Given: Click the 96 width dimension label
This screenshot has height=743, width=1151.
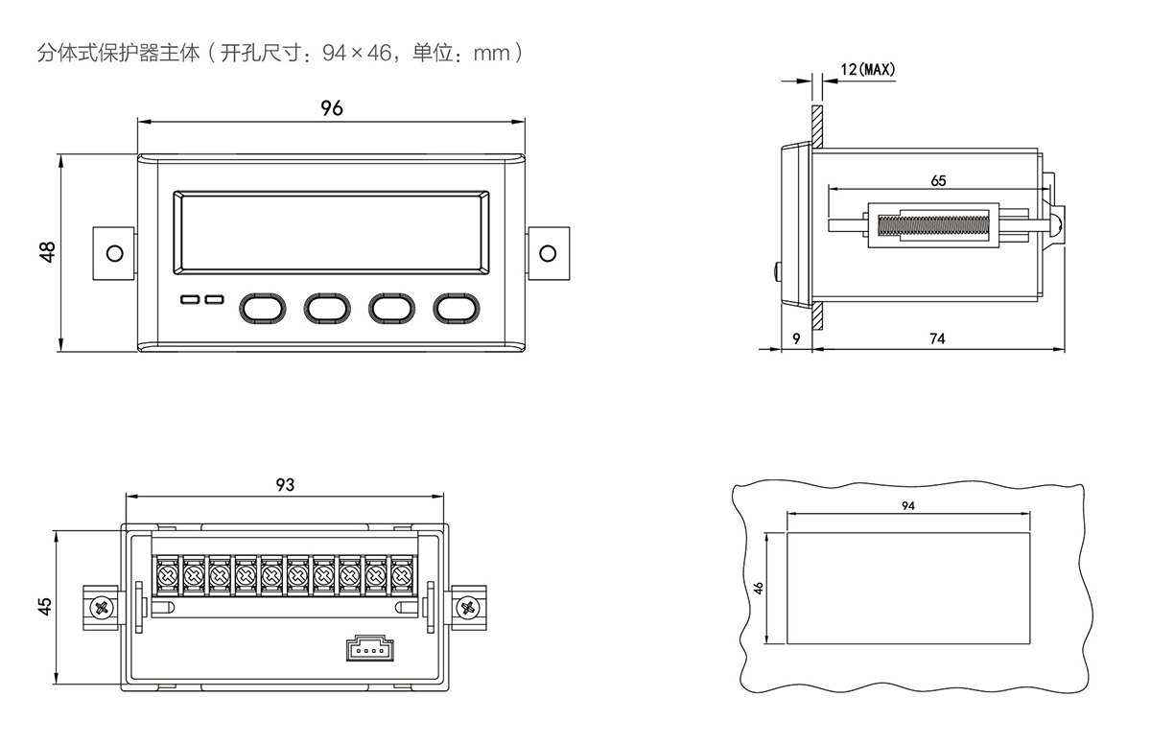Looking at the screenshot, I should click(331, 108).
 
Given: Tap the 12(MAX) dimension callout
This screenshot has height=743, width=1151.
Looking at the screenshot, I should click(866, 70).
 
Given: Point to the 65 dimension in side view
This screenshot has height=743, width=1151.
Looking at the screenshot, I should click(938, 180).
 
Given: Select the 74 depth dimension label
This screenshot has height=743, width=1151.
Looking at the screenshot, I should click(937, 338).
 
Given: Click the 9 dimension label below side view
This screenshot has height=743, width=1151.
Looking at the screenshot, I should click(796, 338).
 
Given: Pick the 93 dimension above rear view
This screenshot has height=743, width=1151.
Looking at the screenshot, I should click(284, 485).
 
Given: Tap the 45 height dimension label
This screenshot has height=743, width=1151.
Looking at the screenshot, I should click(45, 607).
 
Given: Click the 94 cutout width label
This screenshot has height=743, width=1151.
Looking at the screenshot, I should click(907, 505).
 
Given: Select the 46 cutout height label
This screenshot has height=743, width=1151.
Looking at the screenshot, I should click(759, 588).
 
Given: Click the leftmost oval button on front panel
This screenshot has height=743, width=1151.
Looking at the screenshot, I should click(262, 307).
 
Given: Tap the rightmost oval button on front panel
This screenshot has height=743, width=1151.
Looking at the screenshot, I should click(457, 307).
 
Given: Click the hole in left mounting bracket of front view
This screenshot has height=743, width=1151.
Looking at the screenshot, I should click(114, 253).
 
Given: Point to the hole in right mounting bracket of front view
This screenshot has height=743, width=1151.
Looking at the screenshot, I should click(548, 253).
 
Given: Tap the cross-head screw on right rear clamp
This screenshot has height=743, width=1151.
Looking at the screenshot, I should click(468, 607).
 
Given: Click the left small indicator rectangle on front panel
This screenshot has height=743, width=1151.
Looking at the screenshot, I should click(189, 301).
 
